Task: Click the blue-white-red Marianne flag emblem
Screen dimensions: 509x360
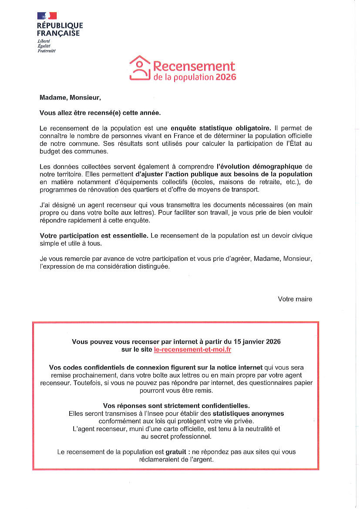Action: [x=47, y=16]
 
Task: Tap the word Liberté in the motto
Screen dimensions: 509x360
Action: [x=44, y=41]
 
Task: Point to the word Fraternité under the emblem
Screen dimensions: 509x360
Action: [x=47, y=51]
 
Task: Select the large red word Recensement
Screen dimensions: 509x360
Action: [x=194, y=66]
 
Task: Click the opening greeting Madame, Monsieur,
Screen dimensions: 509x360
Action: [x=70, y=98]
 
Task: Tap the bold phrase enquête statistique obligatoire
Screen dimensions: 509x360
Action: [x=221, y=128]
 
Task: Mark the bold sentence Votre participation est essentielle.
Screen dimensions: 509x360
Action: [x=94, y=236]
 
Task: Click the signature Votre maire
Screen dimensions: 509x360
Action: [x=295, y=299]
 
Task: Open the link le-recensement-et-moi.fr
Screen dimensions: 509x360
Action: [x=192, y=350]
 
